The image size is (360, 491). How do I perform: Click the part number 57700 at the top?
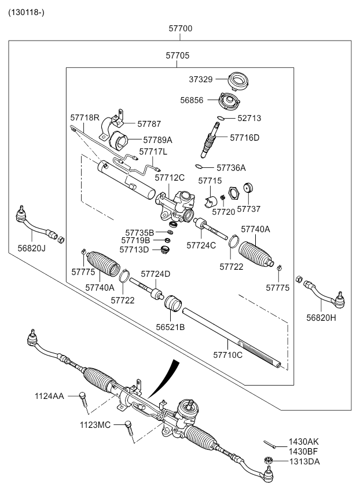(180, 28)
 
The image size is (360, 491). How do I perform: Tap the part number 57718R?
(85, 118)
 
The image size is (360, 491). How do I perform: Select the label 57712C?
(169, 177)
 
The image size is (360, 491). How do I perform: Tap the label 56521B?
(170, 327)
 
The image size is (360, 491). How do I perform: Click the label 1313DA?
(304, 461)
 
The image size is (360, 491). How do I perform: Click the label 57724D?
(155, 274)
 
